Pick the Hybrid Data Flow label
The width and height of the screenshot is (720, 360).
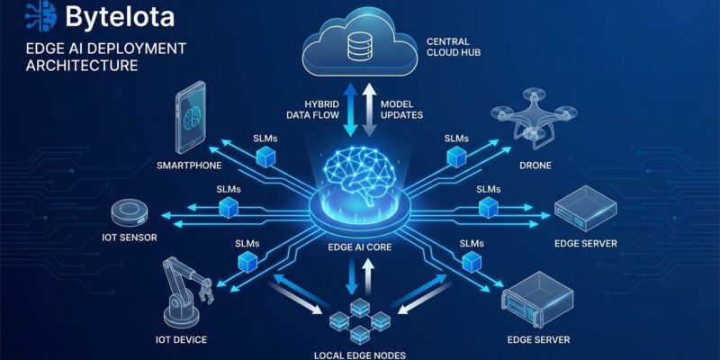pyautogui.click(x=311, y=110)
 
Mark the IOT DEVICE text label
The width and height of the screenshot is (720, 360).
pyautogui.click(x=180, y=339)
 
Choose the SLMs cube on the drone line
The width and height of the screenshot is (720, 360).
pyautogui.click(x=456, y=156)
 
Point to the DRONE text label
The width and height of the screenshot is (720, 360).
pyautogui.click(x=535, y=166)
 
